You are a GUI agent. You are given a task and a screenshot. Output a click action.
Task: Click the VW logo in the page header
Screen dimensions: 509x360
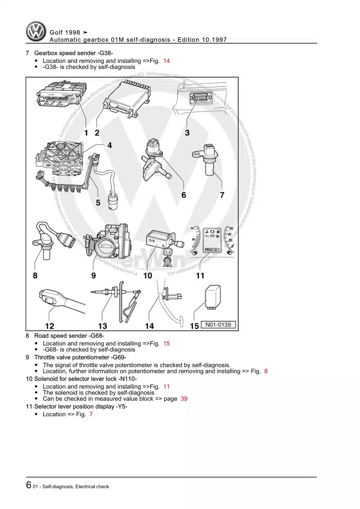pyautogui.click(x=35, y=32)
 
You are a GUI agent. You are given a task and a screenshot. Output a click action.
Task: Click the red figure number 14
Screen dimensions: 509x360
pyautogui.click(x=167, y=61)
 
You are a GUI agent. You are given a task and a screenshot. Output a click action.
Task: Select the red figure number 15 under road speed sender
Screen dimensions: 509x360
pyautogui.click(x=167, y=344)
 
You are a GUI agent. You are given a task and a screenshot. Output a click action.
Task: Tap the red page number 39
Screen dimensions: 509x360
pyautogui.click(x=184, y=398)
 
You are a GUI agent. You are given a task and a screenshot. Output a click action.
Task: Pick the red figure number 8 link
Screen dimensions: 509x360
pyautogui.click(x=266, y=371)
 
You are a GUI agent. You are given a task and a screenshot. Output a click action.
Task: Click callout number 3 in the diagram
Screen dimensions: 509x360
pyautogui.click(x=187, y=132)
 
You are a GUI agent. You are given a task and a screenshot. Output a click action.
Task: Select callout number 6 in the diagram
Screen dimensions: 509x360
pyautogui.click(x=184, y=195)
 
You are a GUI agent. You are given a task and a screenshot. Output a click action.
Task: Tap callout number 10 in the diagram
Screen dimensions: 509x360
pyautogui.click(x=147, y=276)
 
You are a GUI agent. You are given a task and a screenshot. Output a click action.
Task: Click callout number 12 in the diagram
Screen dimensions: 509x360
pyautogui.click(x=49, y=326)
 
